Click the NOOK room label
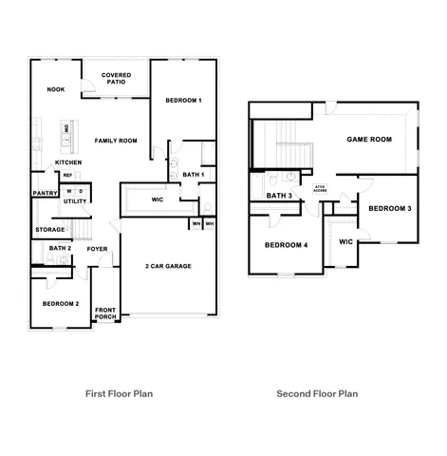point(55,90)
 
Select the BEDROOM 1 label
point(183,101)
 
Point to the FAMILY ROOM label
point(116,141)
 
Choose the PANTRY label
point(46,193)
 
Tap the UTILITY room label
point(75,201)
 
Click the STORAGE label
point(50,229)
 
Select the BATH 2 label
point(60,248)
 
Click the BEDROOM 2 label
point(61,304)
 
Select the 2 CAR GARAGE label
point(168,266)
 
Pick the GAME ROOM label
point(368,139)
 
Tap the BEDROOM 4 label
point(286,245)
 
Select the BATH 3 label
point(279,196)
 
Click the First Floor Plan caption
point(120,392)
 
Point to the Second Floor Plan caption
point(317,392)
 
